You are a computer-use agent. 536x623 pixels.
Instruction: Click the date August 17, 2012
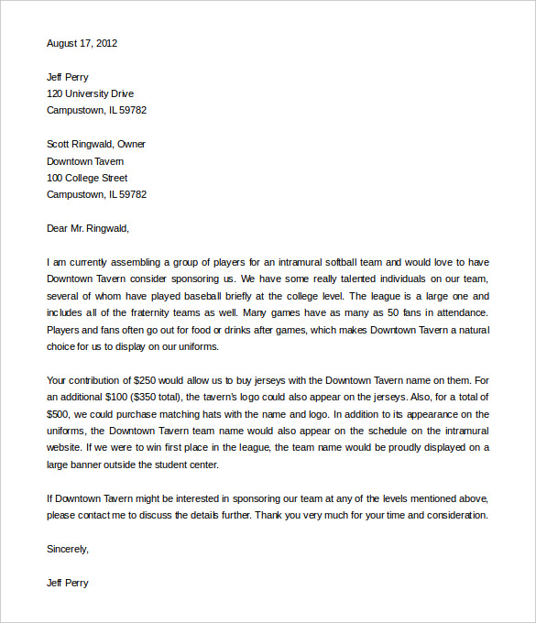(x=82, y=43)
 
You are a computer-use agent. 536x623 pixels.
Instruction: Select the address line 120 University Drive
(x=90, y=93)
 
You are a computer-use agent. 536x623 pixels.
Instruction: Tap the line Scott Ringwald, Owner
(x=95, y=144)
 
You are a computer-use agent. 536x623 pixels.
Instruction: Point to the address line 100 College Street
(x=87, y=178)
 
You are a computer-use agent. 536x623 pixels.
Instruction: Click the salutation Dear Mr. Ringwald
(x=88, y=228)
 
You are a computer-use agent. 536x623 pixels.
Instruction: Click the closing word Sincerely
(x=68, y=549)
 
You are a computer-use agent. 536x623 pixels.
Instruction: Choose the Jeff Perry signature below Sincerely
(x=68, y=583)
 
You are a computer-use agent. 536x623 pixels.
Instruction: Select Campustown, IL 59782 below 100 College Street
(x=96, y=194)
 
